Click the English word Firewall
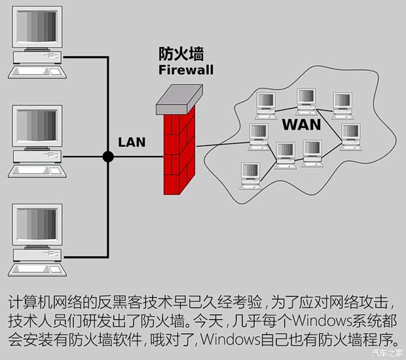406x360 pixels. click(185, 69)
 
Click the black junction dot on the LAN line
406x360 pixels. click(107, 156)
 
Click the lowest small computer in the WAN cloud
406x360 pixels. click(249, 174)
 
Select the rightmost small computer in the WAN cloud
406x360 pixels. click(350, 134)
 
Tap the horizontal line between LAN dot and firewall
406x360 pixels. click(138, 156)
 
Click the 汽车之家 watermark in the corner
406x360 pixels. click(387, 353)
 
